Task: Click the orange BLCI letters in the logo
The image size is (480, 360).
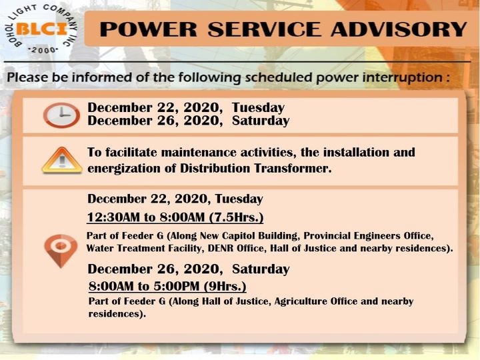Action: pyautogui.click(x=41, y=29)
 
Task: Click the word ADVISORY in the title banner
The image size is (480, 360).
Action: pyautogui.click(x=399, y=29)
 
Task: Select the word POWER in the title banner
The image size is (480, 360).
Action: pyautogui.click(x=149, y=29)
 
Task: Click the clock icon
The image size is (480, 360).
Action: pyautogui.click(x=61, y=115)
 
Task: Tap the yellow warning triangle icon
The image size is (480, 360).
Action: pyautogui.click(x=62, y=160)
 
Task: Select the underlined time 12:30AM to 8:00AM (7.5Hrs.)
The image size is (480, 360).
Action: pyautogui.click(x=175, y=217)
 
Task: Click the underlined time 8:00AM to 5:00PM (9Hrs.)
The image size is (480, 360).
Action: pyautogui.click(x=167, y=286)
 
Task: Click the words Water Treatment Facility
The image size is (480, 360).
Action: pyautogui.click(x=145, y=248)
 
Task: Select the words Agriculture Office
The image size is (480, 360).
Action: pyautogui.click(x=315, y=301)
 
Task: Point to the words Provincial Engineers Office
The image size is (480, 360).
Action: pyautogui.click(x=369, y=236)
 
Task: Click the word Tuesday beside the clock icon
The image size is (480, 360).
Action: pyautogui.click(x=258, y=108)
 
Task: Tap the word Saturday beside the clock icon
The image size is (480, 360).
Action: pyautogui.click(x=261, y=121)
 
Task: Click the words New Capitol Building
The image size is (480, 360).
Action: pyautogui.click(x=248, y=236)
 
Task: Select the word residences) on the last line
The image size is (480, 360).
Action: pyautogui.click(x=117, y=314)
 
